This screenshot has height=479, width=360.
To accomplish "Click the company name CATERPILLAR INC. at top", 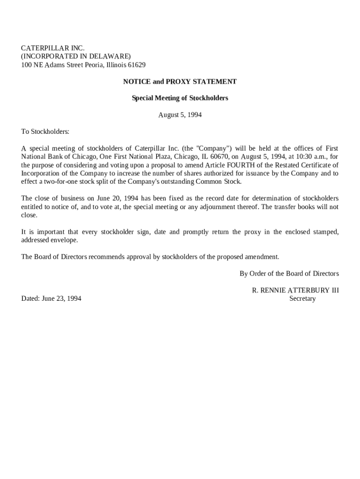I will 53,48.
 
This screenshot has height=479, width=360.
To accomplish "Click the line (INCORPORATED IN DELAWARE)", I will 76,57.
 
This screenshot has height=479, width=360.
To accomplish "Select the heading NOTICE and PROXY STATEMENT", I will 180,81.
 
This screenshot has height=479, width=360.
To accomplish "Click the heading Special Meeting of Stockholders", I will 180,98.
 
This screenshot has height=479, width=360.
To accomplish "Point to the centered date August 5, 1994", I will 180,115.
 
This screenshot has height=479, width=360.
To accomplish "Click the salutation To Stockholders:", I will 45,131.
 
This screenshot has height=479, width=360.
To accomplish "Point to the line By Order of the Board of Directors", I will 289,274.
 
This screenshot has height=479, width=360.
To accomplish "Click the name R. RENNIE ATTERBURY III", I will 295,290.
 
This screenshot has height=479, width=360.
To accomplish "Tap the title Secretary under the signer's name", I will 302,298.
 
